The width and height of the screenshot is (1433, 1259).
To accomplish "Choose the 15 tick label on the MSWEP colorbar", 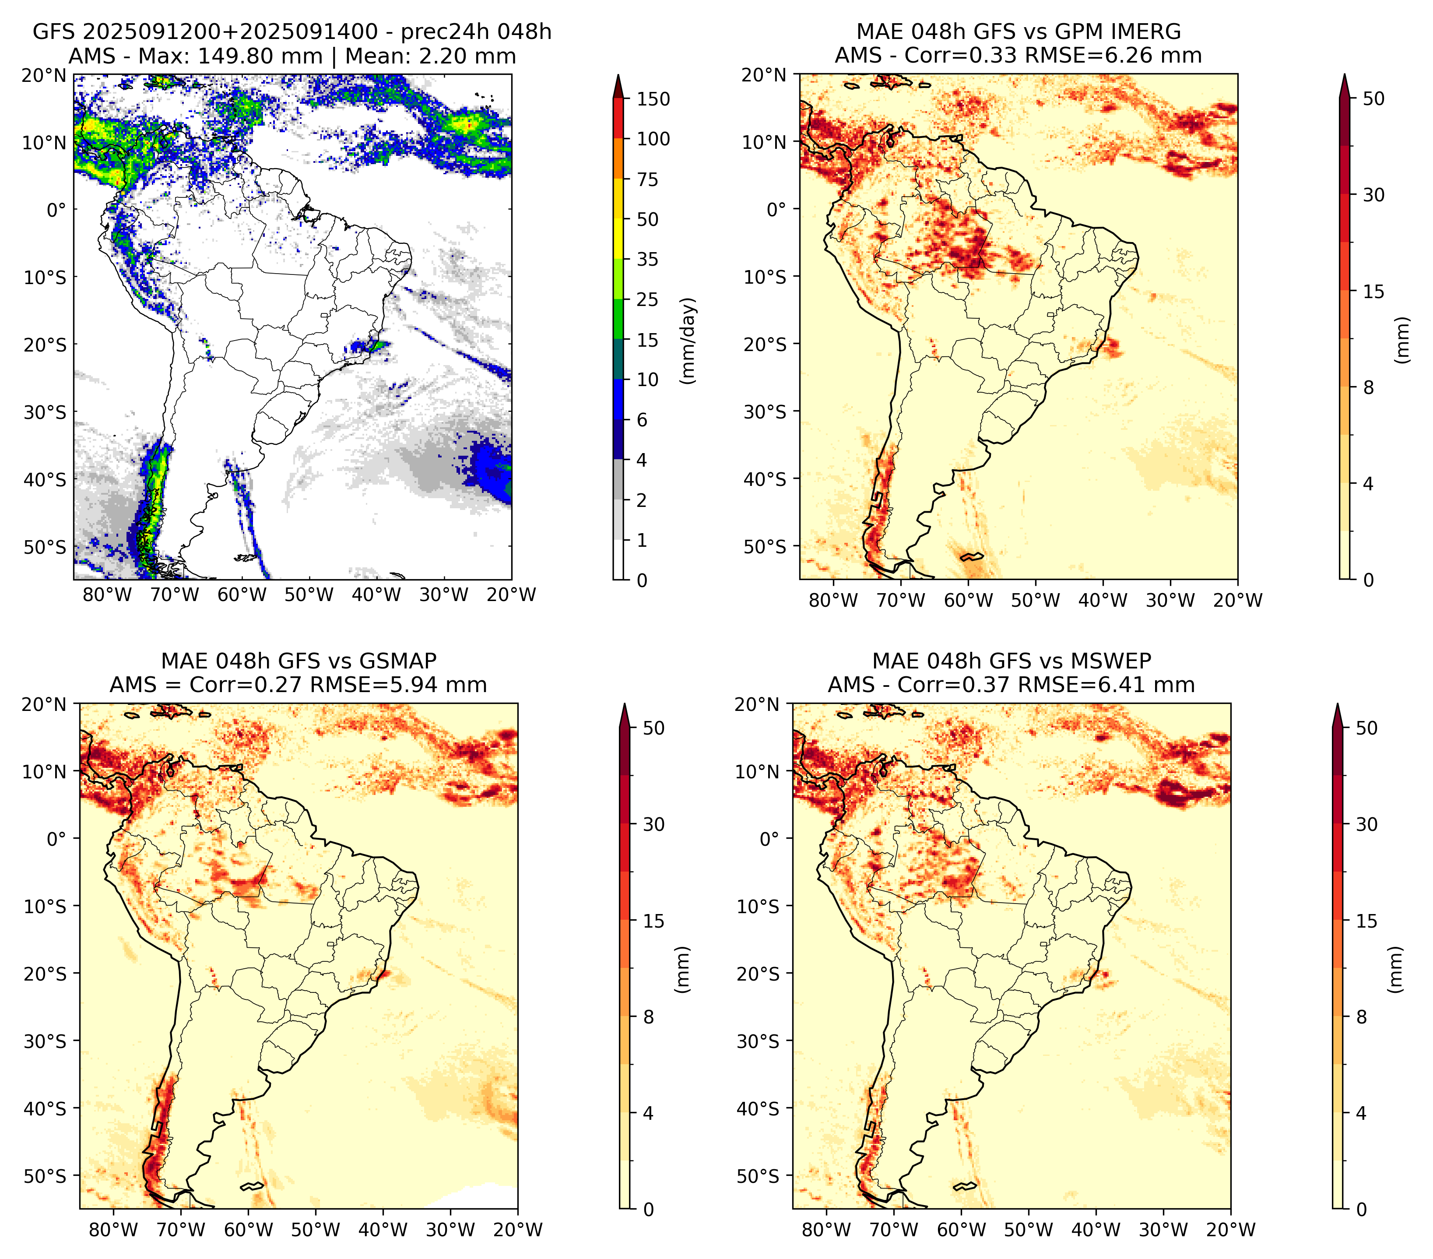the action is pos(1367,921).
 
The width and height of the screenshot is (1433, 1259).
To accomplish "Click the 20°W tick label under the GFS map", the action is pos(512,595).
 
